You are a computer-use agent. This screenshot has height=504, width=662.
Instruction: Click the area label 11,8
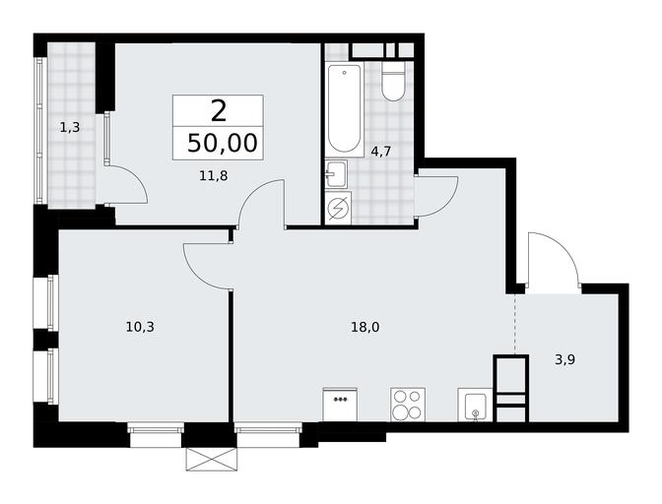214,175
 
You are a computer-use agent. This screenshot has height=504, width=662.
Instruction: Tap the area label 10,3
140,327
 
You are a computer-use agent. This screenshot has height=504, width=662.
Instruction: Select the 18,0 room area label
365,327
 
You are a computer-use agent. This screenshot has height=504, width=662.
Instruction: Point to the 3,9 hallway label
565,359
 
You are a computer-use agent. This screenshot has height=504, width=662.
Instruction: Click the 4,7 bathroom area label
381,152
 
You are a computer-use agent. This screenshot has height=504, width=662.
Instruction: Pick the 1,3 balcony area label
70,127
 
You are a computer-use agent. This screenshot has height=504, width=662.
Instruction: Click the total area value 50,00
222,143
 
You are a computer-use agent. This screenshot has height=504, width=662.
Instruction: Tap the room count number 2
219,112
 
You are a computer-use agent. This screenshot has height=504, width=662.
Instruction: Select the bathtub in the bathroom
345,109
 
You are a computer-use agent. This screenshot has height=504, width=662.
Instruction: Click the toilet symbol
393,82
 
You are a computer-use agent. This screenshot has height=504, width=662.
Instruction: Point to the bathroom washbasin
336,174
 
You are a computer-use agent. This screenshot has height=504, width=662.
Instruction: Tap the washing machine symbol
338,208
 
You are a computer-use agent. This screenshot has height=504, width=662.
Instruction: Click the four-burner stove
408,405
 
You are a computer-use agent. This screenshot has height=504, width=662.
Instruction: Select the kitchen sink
476,405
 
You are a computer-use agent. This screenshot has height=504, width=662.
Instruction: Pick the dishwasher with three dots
340,405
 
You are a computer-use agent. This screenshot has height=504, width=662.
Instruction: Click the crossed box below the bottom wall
212,459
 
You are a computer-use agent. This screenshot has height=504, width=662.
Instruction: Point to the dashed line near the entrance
515,324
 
